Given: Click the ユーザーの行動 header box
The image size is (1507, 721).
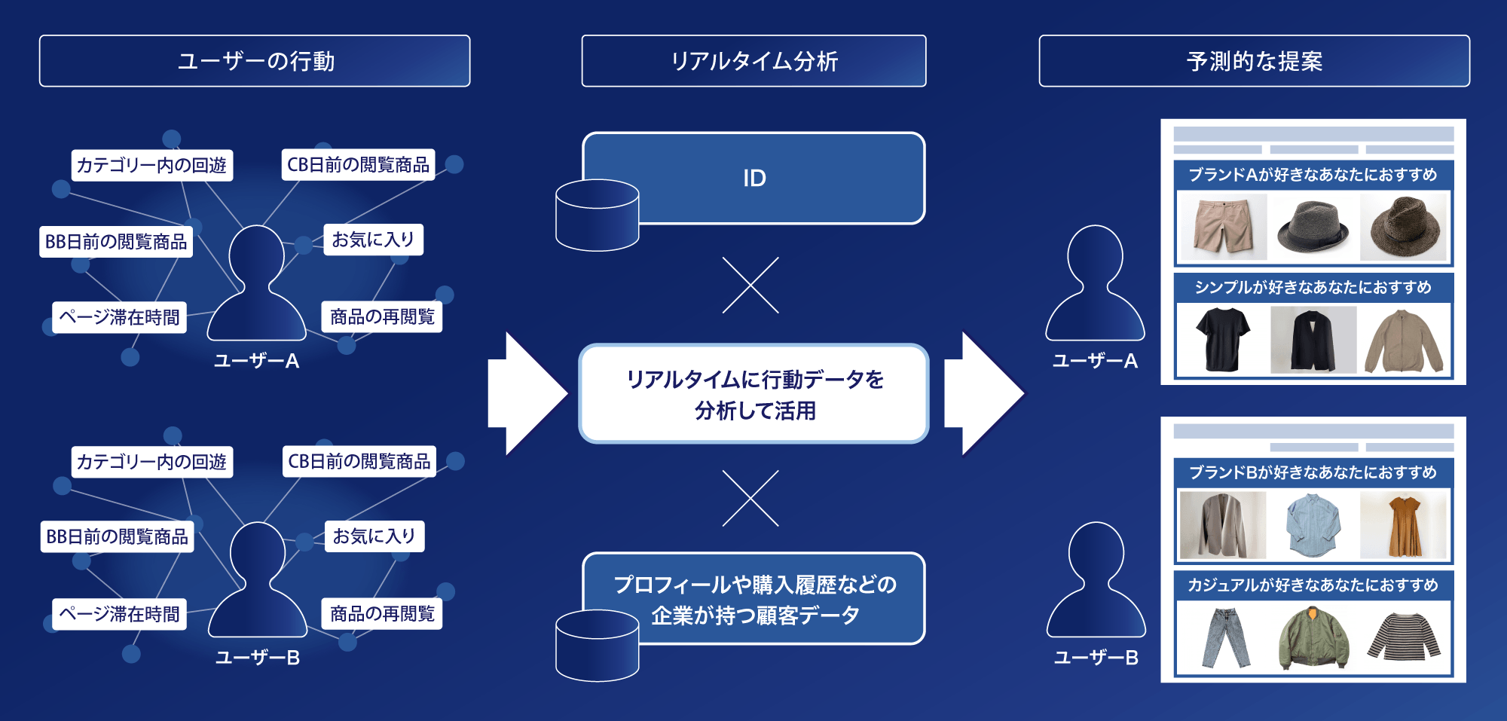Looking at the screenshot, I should coord(255,61).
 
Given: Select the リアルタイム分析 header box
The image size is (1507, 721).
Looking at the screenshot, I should coord(753,61).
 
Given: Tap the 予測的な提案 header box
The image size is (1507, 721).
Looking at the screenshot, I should coord(1254,61).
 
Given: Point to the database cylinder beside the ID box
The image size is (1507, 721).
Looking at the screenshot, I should coord(597,215).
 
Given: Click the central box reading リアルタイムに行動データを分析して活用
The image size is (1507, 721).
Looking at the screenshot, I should coord(753,394).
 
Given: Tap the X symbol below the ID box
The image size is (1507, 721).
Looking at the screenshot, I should coord(750,286).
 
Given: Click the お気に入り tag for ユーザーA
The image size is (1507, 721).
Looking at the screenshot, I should coord(373,240).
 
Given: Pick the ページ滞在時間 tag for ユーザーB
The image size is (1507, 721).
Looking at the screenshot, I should coord(119,614).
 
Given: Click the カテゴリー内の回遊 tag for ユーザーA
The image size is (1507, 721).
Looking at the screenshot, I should coord(151,165).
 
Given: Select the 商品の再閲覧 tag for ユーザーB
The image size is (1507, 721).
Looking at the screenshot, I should coord(382,614).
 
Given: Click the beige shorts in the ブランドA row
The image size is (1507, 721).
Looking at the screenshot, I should coord(1222,226).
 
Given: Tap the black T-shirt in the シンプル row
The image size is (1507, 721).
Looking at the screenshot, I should coord(1222,339).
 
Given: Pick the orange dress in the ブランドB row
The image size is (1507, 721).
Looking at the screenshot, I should coord(1403,525).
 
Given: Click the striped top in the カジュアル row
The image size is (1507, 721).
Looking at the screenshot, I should coord(1403,637).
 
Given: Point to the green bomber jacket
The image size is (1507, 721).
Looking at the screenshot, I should coord(1313,639).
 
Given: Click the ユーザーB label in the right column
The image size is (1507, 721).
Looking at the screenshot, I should coord(1096,658).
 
